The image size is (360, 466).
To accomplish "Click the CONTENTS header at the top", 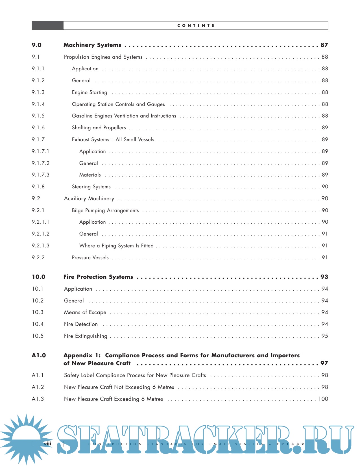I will point(196,25).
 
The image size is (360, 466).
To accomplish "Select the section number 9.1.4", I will point(38,104).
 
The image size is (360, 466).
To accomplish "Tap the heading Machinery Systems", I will point(92,45).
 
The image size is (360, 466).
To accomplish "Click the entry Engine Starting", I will point(90,92).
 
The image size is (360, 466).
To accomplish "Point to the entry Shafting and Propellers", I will point(99,128).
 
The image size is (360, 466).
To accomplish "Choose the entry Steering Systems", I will point(91,187).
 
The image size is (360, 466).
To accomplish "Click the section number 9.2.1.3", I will point(40,246).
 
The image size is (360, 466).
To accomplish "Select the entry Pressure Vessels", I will point(90,258).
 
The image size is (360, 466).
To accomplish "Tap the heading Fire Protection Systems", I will point(98,277).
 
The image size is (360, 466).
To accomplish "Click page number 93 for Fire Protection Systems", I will point(324,277).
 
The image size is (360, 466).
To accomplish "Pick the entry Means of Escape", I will point(85,312).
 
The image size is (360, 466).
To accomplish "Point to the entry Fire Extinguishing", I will point(86,336).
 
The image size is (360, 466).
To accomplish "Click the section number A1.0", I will point(39,355).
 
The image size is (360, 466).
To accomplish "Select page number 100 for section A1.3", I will point(323,399).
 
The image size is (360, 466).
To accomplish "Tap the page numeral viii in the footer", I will point(48,444).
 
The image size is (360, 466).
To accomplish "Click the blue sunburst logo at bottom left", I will point(25,439).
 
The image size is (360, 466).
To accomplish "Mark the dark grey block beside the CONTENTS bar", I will point(47,25).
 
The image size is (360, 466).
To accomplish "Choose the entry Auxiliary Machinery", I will point(89,199).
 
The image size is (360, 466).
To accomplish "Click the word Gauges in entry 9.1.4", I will point(156,104).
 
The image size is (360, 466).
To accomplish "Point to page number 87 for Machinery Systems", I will point(324,45).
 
